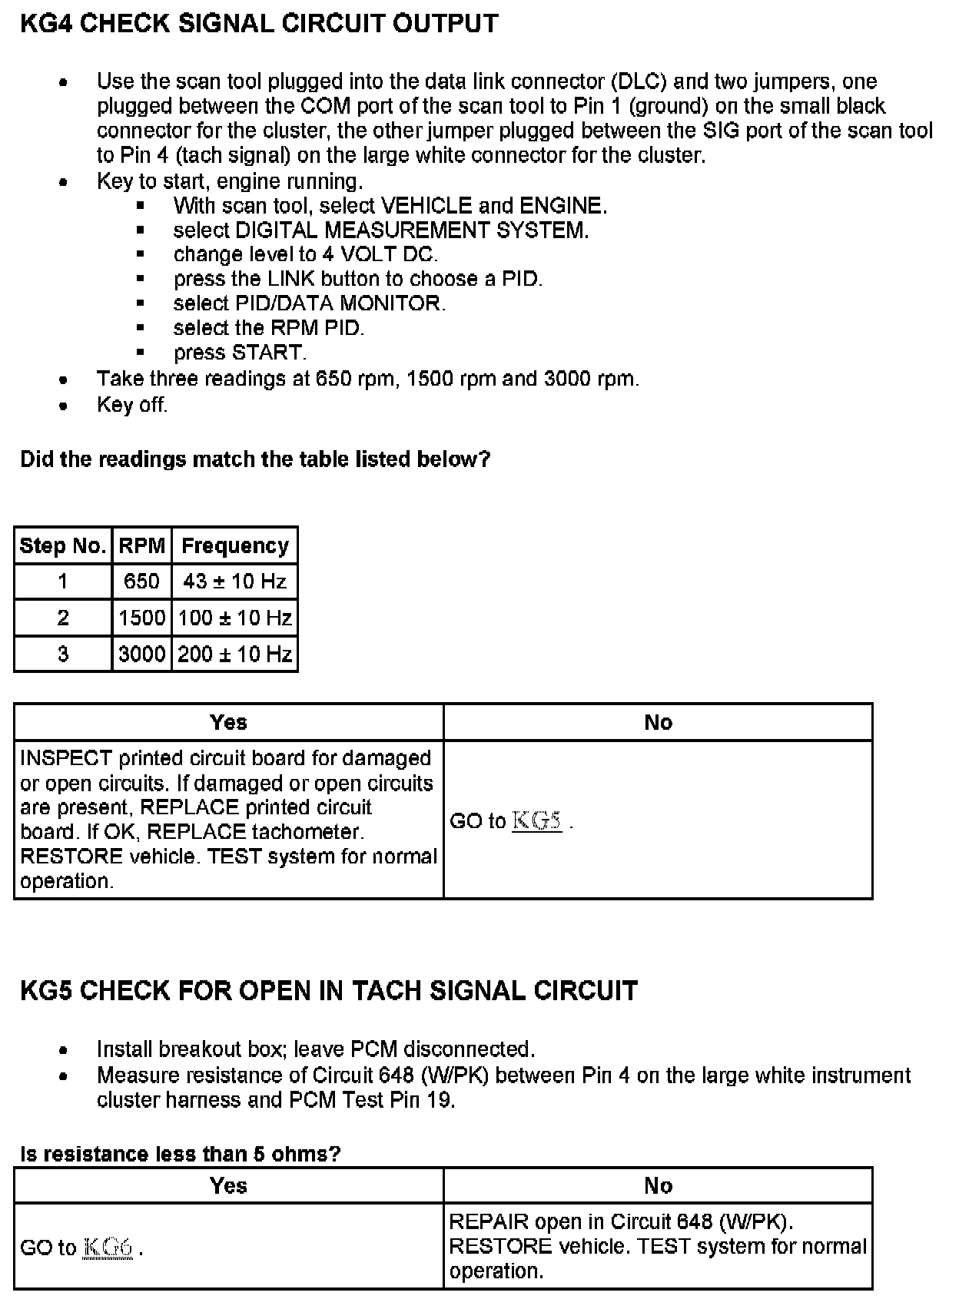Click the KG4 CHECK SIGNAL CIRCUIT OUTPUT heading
(259, 24)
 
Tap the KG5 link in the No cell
(536, 821)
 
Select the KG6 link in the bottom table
(108, 1248)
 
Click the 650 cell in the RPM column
(141, 582)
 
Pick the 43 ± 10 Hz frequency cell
(234, 582)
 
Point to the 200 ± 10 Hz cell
(234, 654)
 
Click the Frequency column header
(234, 546)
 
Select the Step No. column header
(63, 546)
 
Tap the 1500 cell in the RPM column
(141, 618)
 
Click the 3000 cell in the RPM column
(141, 654)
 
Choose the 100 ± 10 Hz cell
(234, 618)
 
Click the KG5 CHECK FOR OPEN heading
(328, 990)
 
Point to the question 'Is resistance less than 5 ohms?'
(181, 1154)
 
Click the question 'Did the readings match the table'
(255, 459)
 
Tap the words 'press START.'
(240, 353)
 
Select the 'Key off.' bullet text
(131, 405)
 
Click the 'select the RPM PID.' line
(268, 328)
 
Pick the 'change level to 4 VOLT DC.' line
(305, 254)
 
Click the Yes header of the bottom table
(228, 1185)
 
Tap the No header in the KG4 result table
(658, 722)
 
